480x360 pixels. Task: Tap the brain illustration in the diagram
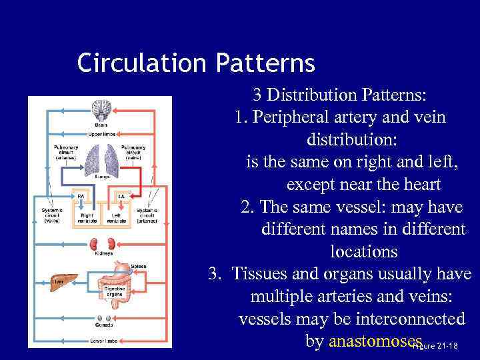point(102,109)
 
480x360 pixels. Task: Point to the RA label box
point(81,196)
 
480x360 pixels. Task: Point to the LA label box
point(121,196)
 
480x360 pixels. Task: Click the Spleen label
point(138,267)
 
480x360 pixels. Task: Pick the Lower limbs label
point(104,341)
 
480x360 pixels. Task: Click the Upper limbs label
point(103,134)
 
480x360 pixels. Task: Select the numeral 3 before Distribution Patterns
point(257,95)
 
